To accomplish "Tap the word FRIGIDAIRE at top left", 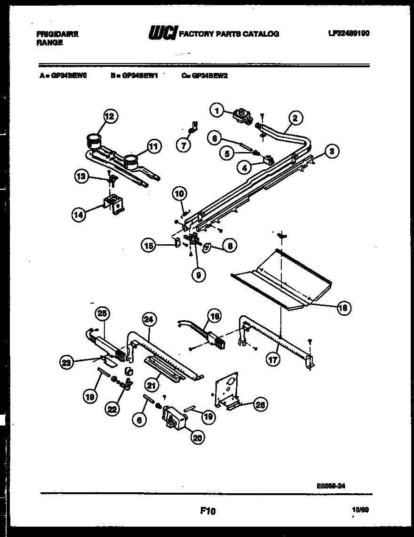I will click(57, 34).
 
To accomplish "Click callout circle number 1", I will click(217, 111).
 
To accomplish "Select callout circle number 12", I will click(109, 115).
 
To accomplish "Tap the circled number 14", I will click(80, 214).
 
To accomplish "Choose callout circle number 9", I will click(199, 275).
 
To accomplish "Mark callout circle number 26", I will click(259, 403).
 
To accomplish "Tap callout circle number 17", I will click(273, 360).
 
